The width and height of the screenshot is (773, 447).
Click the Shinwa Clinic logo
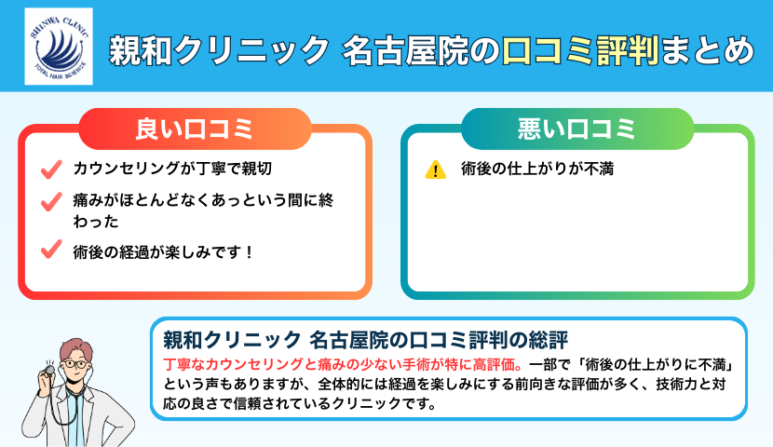58,47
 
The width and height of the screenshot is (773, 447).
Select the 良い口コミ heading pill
194,129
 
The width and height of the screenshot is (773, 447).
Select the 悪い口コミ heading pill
576,129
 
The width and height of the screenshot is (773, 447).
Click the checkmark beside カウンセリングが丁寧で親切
51,170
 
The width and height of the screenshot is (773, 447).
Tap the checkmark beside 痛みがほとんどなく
51,200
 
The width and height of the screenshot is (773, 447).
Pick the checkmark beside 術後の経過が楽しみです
51,251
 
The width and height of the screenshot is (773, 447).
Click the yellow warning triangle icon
435,170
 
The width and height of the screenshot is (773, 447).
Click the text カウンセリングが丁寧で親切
171,170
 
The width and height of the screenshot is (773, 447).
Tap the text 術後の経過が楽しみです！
163,251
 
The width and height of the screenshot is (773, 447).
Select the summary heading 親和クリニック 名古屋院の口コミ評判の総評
365,337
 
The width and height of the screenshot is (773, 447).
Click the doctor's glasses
78,360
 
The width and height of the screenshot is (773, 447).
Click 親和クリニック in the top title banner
219,48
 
